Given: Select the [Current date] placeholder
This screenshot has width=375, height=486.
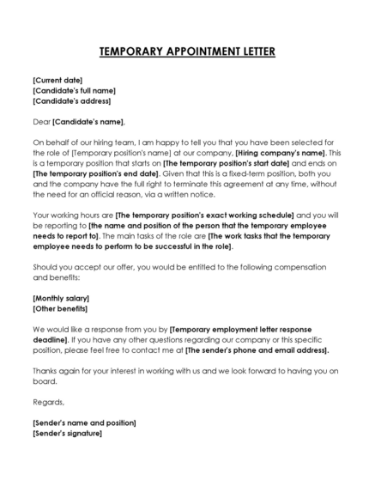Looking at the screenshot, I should [x=57, y=80].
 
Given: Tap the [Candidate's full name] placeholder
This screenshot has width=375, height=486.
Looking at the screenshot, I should [x=74, y=90].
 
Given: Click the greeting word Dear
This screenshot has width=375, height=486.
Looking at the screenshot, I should [x=42, y=122].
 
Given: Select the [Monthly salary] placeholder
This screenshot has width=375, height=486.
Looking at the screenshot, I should [x=61, y=298].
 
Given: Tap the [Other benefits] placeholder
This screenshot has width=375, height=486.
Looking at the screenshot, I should [x=60, y=308].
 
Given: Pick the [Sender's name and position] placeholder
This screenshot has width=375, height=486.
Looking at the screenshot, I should [x=84, y=422].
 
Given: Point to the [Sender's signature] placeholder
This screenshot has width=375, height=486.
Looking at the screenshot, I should [x=67, y=433].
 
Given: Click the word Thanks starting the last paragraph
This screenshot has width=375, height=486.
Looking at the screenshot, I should [x=45, y=371].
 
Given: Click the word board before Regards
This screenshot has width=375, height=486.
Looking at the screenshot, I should [x=44, y=381].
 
